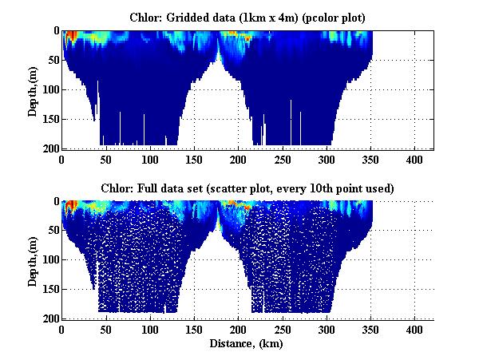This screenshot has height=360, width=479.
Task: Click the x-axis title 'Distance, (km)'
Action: pos(247,343)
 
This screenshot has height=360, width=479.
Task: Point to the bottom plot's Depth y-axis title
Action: pos(33,260)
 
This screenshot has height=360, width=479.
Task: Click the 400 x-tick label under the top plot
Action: pos(414,159)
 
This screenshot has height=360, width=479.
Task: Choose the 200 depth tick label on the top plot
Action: pos(49,148)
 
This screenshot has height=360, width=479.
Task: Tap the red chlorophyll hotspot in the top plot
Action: pos(71,36)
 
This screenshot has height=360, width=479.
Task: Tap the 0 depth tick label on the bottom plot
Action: pos(55,201)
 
